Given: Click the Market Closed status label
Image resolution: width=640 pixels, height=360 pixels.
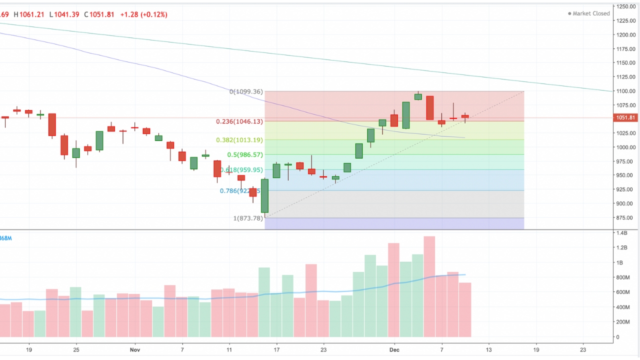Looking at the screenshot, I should (591, 13).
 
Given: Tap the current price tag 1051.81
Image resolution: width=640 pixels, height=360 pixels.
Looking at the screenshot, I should (626, 118).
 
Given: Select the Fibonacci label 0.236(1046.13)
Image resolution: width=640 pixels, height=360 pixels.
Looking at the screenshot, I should (239, 121).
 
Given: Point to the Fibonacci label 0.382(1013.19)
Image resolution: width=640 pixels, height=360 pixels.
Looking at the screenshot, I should (239, 140).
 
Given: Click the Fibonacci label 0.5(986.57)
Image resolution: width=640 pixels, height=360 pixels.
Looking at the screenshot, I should (244, 155).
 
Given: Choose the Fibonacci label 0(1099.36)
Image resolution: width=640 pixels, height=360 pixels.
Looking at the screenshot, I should (246, 92).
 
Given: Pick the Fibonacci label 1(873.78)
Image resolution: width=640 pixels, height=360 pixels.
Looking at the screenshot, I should (248, 218).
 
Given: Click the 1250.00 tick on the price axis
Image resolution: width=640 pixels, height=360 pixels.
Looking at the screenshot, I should (625, 6).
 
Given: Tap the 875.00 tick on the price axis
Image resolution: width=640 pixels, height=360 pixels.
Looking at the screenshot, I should (625, 217).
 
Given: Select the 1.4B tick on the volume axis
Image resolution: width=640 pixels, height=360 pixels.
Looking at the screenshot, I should (622, 233).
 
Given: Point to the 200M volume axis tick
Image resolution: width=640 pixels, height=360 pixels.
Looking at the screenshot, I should (623, 322).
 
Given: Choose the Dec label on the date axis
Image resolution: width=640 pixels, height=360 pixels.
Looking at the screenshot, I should (394, 350).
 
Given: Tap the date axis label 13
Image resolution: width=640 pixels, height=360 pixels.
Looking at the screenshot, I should (488, 350).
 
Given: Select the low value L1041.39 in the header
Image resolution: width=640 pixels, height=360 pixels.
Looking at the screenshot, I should (64, 14).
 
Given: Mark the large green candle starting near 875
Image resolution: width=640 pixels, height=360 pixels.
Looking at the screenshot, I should (264, 196).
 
